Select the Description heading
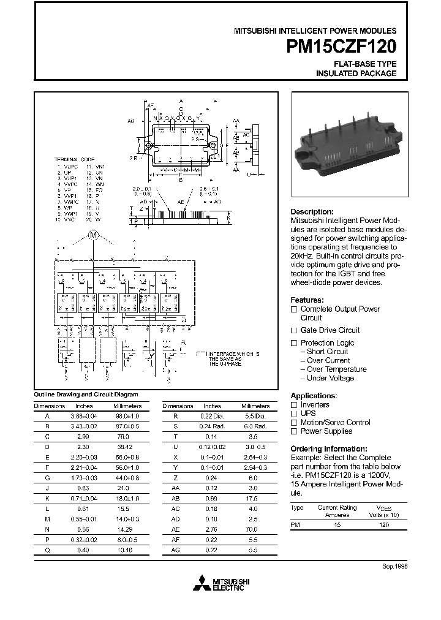(312, 211)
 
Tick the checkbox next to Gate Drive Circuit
(293, 330)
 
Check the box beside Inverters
(293, 405)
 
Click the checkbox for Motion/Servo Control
(293, 422)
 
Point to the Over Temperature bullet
(336, 369)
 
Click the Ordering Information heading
(328, 448)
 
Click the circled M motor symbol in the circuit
(94, 235)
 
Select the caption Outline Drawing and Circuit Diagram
(86, 395)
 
